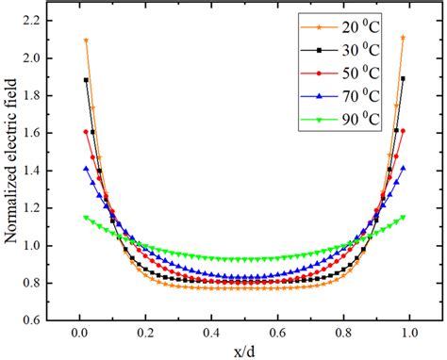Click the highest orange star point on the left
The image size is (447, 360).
[86, 41]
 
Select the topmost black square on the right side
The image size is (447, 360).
[404, 79]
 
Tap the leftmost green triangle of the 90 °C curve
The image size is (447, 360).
[86, 218]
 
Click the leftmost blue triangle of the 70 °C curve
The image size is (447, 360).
[86, 169]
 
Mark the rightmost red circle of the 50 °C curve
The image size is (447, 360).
[404, 131]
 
